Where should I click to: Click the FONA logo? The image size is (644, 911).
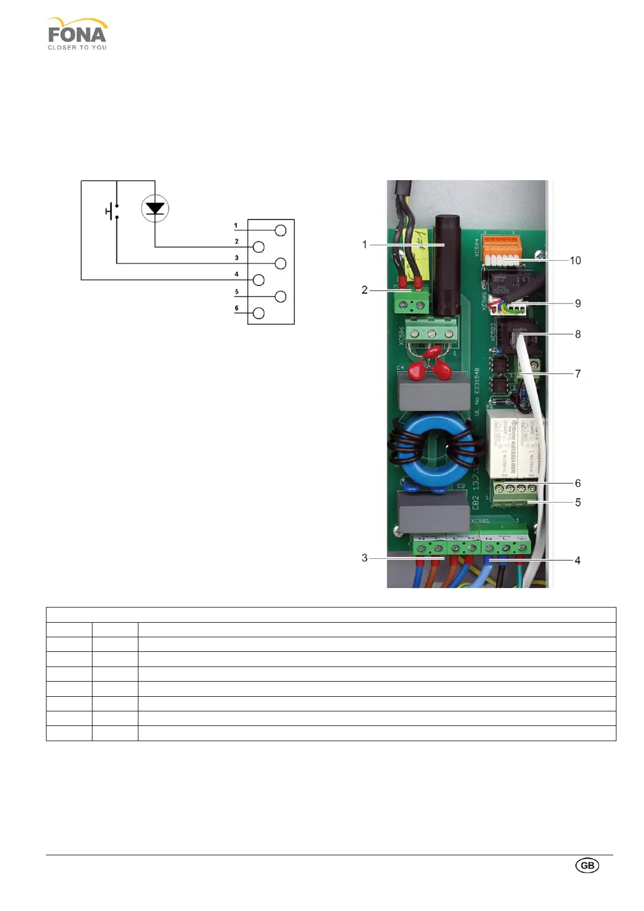tap(77, 34)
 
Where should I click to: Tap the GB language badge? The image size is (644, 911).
tap(587, 865)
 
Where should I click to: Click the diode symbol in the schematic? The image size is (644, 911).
tap(155, 208)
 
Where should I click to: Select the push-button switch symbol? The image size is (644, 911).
tap(112, 211)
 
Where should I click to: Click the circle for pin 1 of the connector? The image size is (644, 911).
tap(280, 230)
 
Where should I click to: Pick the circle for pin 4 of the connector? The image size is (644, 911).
tap(258, 280)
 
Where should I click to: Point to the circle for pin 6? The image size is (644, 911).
tap(258, 313)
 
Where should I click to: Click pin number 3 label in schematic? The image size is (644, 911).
tap(236, 258)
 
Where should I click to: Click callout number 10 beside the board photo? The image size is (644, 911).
tap(575, 261)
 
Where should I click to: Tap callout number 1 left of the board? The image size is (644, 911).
tap(364, 245)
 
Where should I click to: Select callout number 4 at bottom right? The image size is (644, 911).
tap(577, 560)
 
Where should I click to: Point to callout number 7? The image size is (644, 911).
tap(577, 374)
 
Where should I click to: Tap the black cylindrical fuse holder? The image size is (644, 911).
tap(446, 265)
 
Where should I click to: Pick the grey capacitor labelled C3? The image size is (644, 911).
tap(433, 511)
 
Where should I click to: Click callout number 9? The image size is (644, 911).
tap(577, 303)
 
